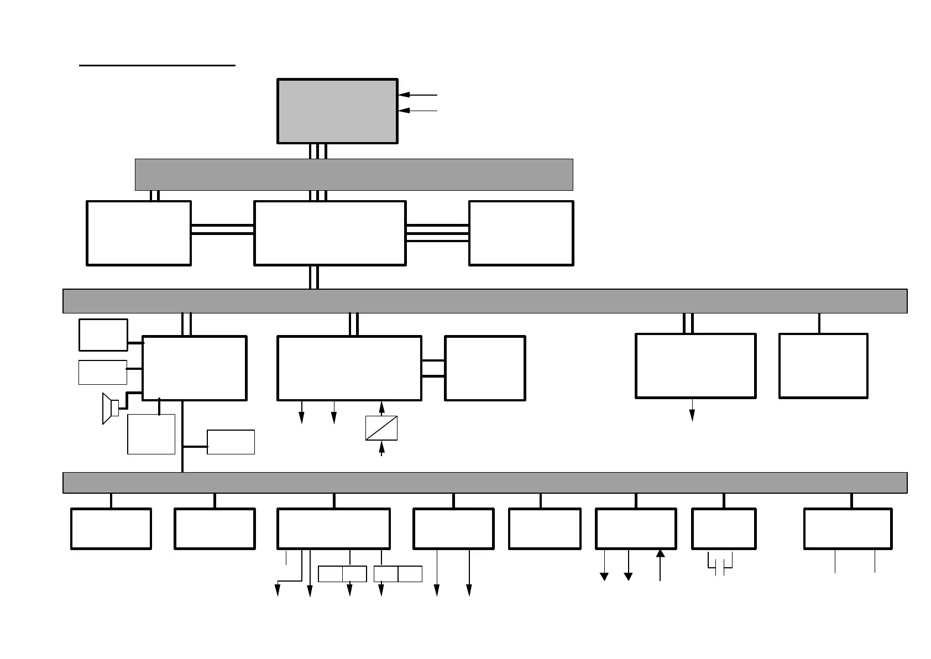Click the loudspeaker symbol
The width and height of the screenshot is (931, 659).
[x=110, y=409]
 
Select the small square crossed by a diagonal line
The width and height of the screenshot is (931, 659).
[x=381, y=428]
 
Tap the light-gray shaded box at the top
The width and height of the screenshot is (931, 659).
[x=337, y=111]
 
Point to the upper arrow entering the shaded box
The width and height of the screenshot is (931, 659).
[x=417, y=95]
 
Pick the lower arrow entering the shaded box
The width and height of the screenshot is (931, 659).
[x=417, y=111]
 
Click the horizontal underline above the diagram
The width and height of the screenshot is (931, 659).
[x=157, y=65]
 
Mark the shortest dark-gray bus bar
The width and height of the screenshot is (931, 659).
[x=354, y=175]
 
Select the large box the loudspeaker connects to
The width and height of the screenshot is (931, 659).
[x=194, y=368]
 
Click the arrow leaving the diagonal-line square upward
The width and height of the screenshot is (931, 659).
[x=381, y=408]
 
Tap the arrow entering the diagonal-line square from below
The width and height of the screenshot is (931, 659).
[x=381, y=448]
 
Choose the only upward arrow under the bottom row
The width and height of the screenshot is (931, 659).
[x=660, y=564]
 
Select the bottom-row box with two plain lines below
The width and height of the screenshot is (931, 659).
[x=848, y=529]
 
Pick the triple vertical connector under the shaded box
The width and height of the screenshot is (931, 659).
[x=318, y=151]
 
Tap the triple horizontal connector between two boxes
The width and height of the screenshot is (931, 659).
[x=437, y=233]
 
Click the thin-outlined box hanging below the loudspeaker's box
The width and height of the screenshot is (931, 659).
[x=151, y=435]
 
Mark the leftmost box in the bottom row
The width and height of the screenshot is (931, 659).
[x=111, y=529]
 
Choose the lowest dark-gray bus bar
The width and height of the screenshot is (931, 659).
[x=485, y=483]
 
